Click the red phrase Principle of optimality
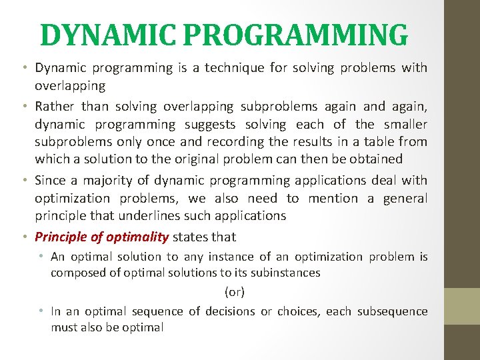coord(101,237)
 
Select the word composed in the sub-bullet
coord(73,272)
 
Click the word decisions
coord(229,311)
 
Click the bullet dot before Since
coord(25,181)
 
